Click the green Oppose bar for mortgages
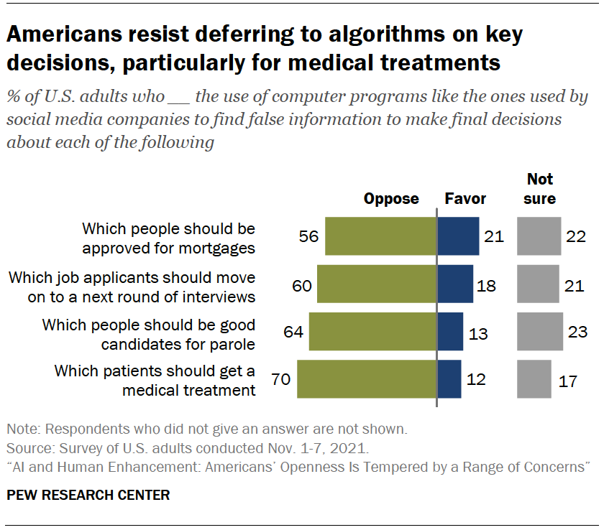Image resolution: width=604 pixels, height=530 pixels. (x=380, y=236)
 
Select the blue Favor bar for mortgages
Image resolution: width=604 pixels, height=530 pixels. (x=458, y=236)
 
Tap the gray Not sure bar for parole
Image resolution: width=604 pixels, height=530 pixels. (x=539, y=331)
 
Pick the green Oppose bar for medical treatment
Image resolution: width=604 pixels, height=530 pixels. (x=367, y=379)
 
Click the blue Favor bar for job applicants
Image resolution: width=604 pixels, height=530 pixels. (x=455, y=284)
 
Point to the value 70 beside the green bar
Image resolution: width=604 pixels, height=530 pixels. (x=280, y=379)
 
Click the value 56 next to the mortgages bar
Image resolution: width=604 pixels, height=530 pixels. (x=308, y=236)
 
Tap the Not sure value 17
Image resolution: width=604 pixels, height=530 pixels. (x=567, y=379)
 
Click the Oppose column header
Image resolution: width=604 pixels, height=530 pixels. (x=391, y=199)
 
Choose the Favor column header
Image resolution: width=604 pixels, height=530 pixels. (x=465, y=199)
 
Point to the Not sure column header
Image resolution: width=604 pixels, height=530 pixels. (x=539, y=189)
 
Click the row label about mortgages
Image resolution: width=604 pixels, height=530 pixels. (x=168, y=238)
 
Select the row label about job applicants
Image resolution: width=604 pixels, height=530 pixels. (x=131, y=287)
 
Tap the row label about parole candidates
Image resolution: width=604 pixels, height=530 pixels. (x=149, y=334)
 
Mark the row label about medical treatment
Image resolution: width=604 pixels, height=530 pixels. (x=155, y=381)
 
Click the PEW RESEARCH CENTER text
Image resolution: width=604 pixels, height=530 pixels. (x=88, y=495)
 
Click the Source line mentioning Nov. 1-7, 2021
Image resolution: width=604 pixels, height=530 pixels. (x=187, y=449)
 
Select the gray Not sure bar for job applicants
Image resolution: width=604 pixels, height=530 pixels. (x=538, y=284)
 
